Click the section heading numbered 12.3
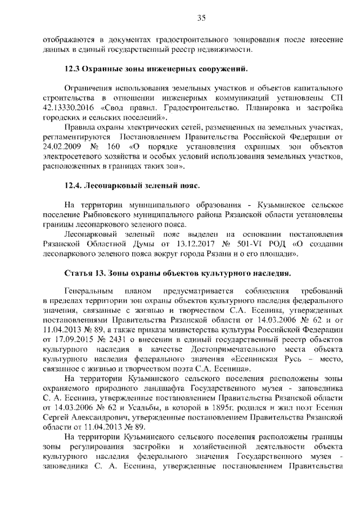[155, 69]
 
